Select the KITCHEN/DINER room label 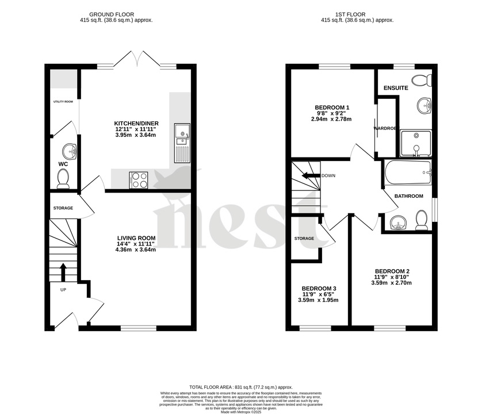click(136, 124)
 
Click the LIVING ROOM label click(136, 238)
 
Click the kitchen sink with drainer click(181, 143)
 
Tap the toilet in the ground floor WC click(63, 179)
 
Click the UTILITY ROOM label click(63, 102)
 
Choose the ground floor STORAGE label click(63, 208)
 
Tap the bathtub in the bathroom click(408, 172)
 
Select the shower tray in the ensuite click(415, 143)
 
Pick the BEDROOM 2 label click(392, 271)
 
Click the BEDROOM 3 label click(319, 289)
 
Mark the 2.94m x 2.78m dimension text click(332, 120)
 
